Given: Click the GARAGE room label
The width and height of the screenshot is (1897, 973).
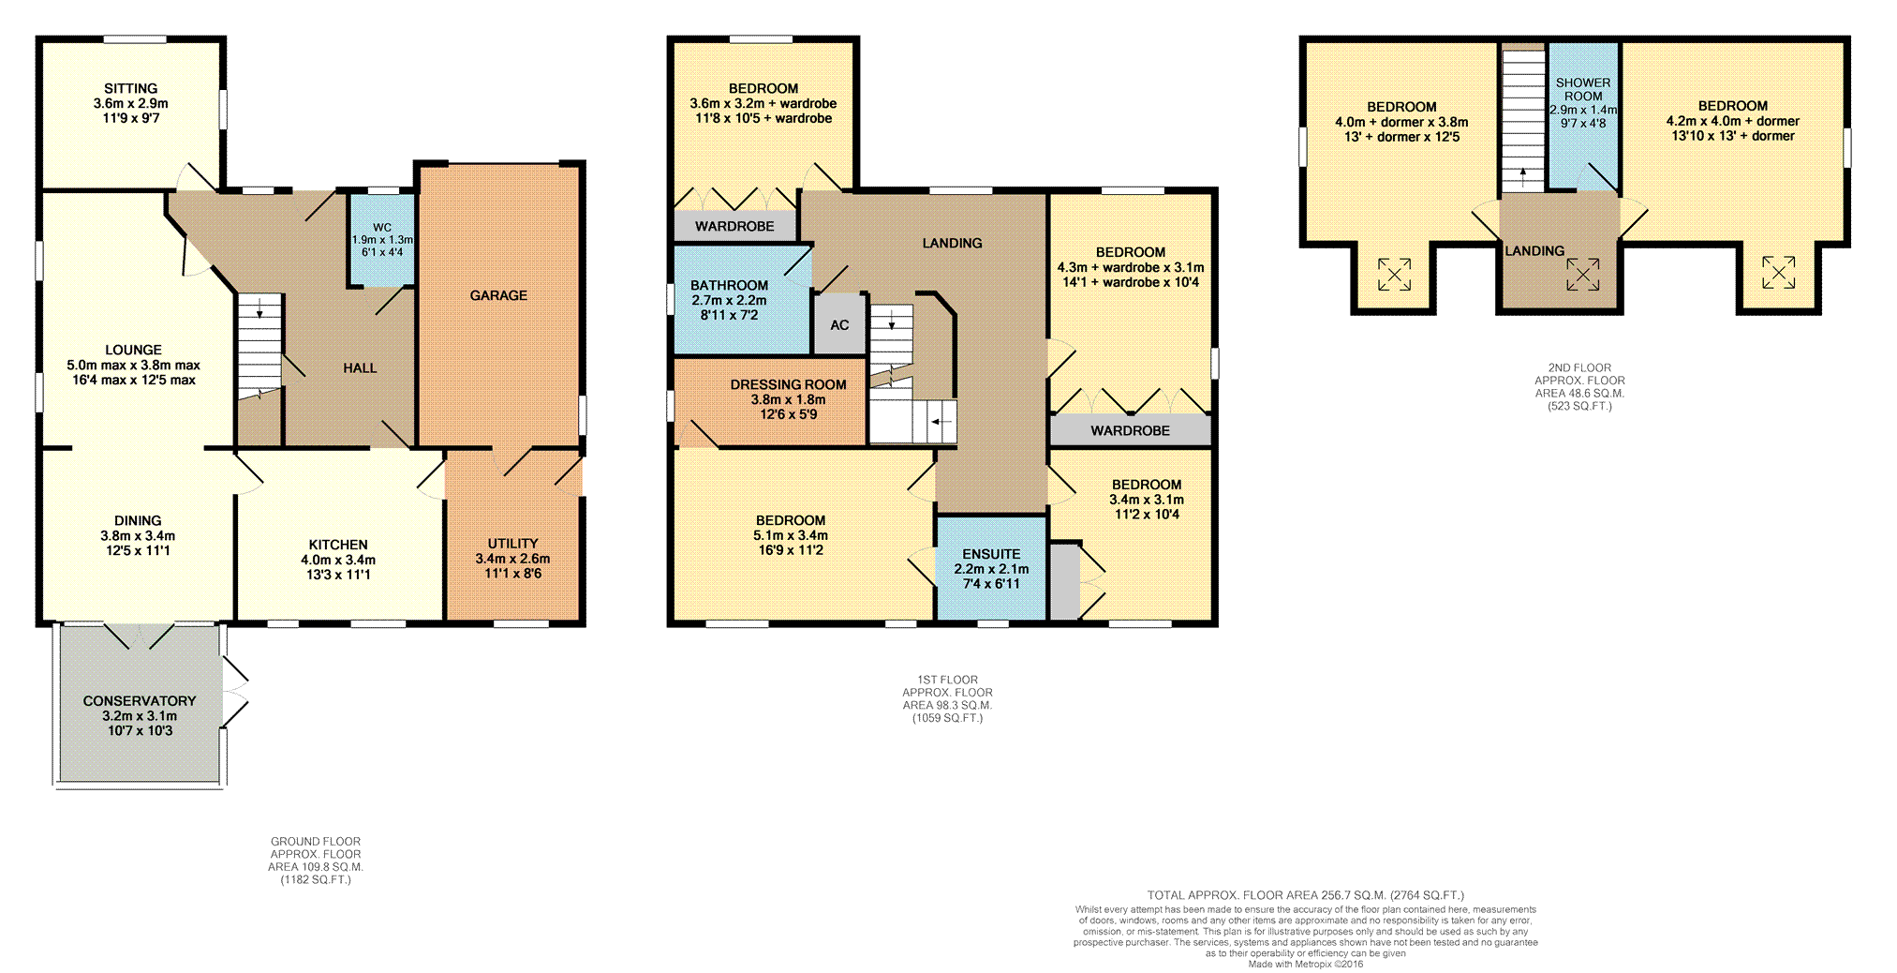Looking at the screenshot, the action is click(x=498, y=295).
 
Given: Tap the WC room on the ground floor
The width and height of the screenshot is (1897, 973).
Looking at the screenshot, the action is click(x=381, y=240).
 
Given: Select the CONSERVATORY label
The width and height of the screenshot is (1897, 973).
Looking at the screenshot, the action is click(x=140, y=701).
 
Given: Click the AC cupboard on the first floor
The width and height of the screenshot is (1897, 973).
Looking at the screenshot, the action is click(x=839, y=324).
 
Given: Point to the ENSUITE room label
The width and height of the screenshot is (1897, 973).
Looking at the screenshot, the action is click(x=991, y=554).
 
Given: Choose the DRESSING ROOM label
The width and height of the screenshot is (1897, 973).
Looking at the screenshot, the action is click(x=788, y=384).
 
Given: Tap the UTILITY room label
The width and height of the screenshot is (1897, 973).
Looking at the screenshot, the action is click(x=512, y=544).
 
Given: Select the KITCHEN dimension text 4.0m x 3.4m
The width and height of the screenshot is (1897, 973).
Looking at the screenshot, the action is click(x=338, y=560).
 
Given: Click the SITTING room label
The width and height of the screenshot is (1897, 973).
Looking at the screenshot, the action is click(x=131, y=88).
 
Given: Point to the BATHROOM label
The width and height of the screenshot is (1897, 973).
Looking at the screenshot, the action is click(x=729, y=285).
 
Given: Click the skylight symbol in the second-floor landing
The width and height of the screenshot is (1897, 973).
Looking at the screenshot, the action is click(x=1582, y=274).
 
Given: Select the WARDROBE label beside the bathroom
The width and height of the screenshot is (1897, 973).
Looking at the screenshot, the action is click(x=734, y=226).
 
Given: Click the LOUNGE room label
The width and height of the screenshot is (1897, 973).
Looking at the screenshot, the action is click(x=133, y=350).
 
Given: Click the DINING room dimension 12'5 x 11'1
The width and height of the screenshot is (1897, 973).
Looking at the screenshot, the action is click(x=138, y=550).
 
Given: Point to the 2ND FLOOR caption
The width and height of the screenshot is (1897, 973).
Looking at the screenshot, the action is click(x=1579, y=368).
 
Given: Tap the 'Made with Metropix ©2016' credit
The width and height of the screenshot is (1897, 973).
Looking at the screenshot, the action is click(x=1306, y=964).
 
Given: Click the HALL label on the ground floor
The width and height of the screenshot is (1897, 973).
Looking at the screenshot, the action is click(x=360, y=368).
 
